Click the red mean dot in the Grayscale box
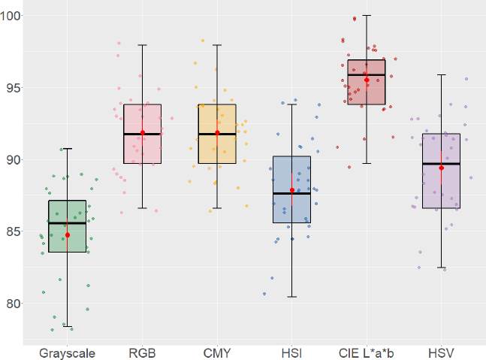coord(68,235)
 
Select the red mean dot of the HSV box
coord(441,168)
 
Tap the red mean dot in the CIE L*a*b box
coord(367,80)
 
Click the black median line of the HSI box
coord(291,193)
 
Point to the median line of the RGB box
coord(142,134)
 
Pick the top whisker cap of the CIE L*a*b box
coord(367,15)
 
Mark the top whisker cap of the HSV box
coord(441,75)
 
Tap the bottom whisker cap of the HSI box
coord(291,297)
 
